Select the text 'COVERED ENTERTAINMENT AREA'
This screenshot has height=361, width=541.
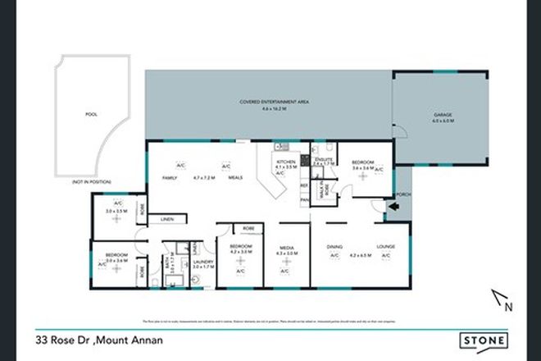click(x=267, y=102)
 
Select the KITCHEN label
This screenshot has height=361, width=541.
click(x=281, y=162)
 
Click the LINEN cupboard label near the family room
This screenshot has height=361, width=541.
click(x=167, y=220)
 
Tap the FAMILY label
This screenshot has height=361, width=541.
click(x=170, y=176)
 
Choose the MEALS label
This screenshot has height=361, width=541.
click(x=234, y=176)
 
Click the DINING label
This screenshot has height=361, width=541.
click(x=334, y=246)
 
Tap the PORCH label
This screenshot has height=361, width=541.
click(x=402, y=195)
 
